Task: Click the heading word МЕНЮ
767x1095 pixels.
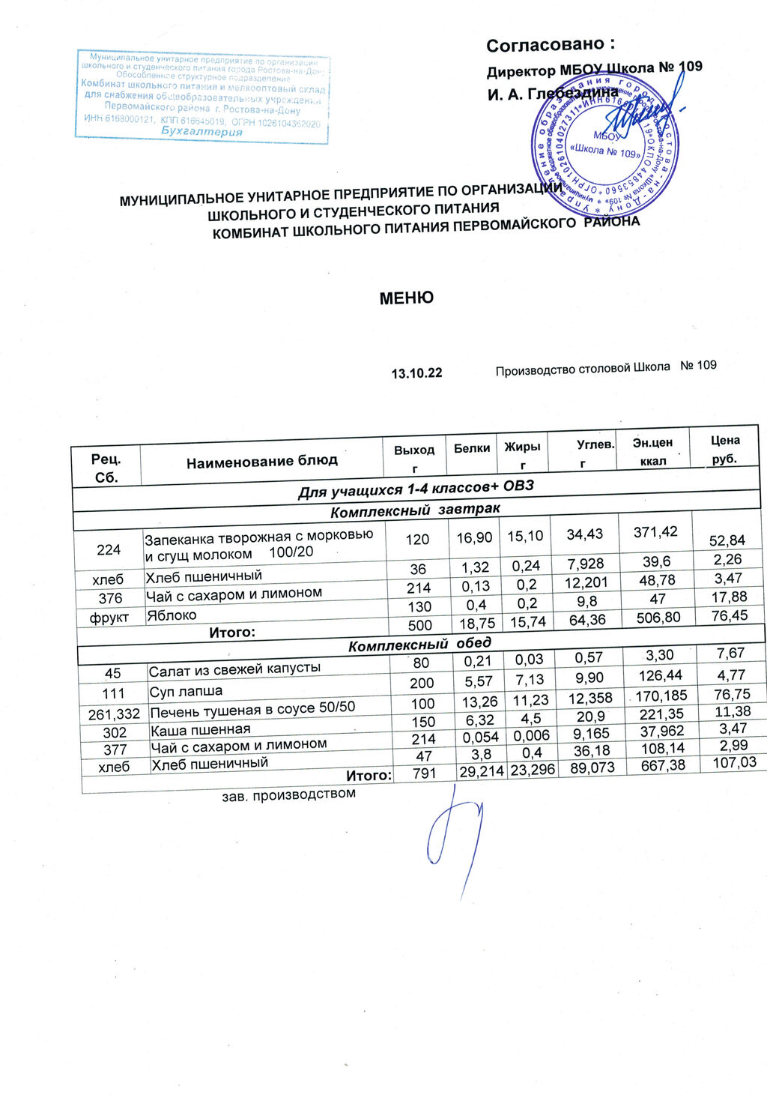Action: pos(406,298)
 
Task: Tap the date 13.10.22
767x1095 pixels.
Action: pos(416,372)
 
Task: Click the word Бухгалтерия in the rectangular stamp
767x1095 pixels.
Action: pos(202,132)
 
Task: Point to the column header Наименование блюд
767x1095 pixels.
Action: pos(262,459)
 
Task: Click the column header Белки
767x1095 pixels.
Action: pos(472,447)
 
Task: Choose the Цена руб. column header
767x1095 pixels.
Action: pos(725,449)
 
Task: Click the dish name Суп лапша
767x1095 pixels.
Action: pos(186,690)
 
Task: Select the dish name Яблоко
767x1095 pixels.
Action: pos(171,615)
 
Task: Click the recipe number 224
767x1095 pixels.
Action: pos(109,549)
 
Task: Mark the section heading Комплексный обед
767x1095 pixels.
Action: pos(420,644)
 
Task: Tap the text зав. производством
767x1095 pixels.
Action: pos(288,793)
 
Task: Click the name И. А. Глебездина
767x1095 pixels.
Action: pos(553,94)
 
